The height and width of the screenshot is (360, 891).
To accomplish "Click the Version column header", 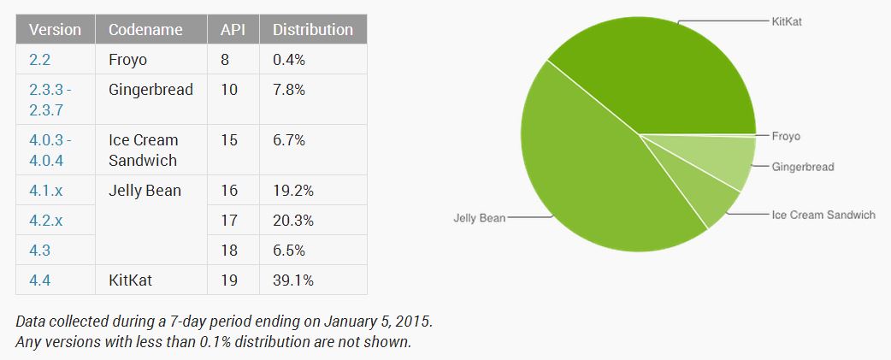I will pyautogui.click(x=55, y=29).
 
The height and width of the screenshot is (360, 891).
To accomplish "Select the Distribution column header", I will pyautogui.click(x=312, y=29).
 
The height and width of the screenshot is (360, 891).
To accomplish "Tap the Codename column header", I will pyautogui.click(x=145, y=29).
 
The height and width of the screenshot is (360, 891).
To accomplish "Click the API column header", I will pyautogui.click(x=233, y=29).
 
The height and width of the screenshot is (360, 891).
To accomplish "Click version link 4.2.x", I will pyautogui.click(x=45, y=220).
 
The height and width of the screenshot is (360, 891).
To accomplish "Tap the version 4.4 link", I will pyautogui.click(x=38, y=280).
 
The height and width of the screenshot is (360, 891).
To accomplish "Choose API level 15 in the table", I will pyautogui.click(x=229, y=139).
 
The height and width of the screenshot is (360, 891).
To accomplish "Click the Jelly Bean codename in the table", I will pyautogui.click(x=145, y=190).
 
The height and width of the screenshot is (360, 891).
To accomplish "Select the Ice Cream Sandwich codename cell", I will pyautogui.click(x=143, y=150).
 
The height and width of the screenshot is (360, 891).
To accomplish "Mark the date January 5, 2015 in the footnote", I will pyautogui.click(x=375, y=323).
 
